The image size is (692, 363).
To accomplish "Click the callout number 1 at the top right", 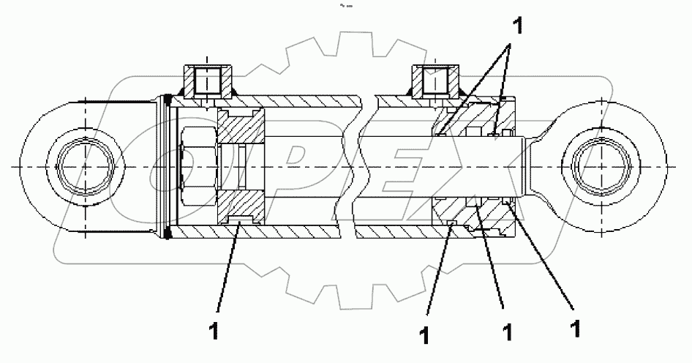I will (517, 28).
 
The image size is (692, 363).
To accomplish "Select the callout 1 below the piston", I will (214, 331).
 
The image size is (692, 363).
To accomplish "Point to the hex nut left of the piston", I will (200, 167).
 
